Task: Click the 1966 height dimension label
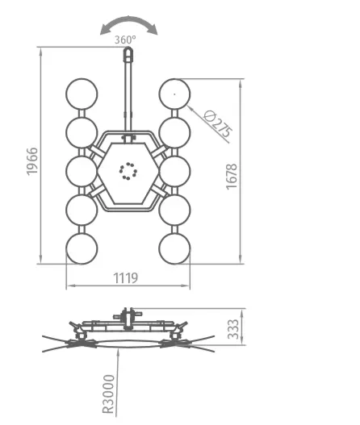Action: (32, 161)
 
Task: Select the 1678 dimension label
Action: (232, 177)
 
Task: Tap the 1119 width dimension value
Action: (125, 278)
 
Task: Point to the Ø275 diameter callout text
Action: (218, 123)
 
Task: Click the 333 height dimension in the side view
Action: (233, 329)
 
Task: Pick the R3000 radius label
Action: (108, 394)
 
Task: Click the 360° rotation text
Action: (125, 40)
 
